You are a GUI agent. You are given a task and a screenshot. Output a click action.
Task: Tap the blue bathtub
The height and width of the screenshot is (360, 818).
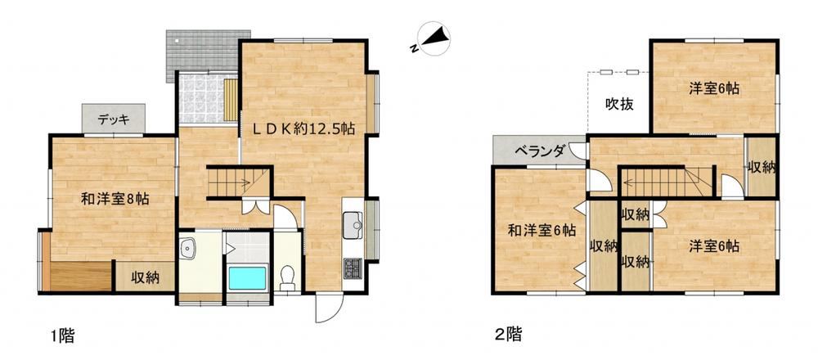247,277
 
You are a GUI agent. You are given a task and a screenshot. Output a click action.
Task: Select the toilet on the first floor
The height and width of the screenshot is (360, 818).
287,278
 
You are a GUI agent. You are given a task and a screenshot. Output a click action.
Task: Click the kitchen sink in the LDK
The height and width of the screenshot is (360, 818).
352,225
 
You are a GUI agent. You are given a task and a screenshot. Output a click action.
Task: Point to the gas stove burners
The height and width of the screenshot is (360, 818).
352,269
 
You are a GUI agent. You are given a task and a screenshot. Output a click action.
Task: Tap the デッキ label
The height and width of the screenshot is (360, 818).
113,119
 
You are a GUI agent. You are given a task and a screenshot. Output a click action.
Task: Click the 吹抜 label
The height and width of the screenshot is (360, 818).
619,105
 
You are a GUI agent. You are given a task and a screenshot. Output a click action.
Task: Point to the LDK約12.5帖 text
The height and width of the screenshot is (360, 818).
304,129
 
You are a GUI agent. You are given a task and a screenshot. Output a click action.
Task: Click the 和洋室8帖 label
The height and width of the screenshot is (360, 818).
115,199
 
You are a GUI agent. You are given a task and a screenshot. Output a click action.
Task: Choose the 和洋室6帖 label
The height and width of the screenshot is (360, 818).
542,230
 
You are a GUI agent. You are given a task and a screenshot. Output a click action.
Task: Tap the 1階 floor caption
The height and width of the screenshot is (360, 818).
63,335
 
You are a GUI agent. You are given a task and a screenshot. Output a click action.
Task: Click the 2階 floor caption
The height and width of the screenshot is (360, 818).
508,334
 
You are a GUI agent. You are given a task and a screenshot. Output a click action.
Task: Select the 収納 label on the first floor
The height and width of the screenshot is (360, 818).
145,278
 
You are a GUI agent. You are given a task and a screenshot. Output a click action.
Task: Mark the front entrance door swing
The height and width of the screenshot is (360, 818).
330,308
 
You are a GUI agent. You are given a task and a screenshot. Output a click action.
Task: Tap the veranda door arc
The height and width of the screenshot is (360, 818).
578,151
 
